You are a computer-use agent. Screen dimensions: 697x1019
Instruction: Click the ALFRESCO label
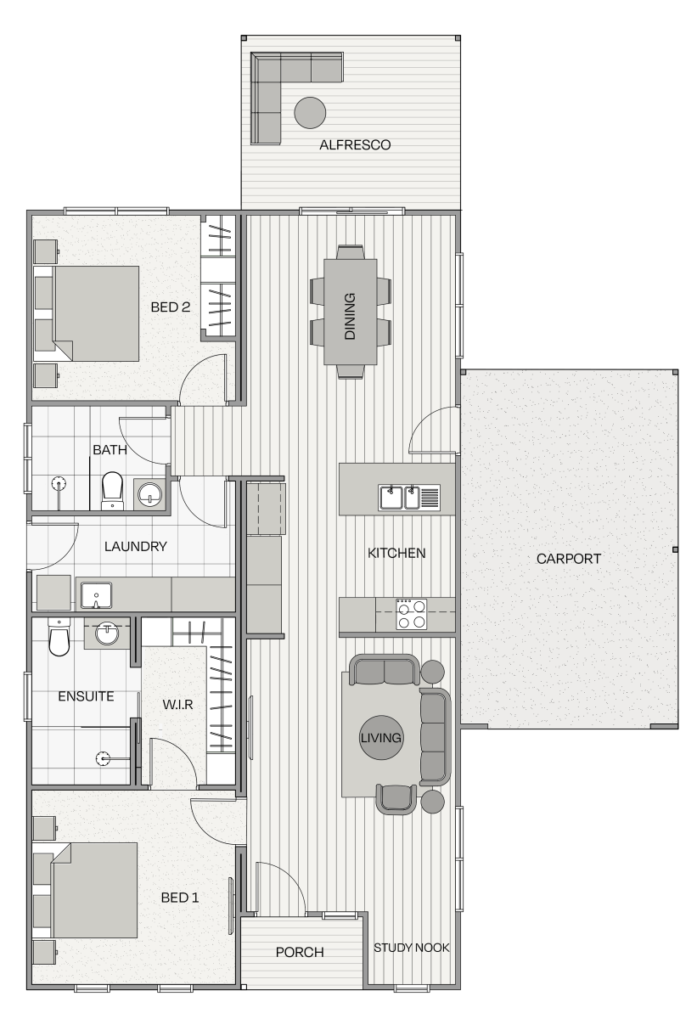point(355,144)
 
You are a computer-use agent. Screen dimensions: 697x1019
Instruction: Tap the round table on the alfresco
point(310,113)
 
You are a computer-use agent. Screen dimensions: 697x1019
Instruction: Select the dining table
point(350,312)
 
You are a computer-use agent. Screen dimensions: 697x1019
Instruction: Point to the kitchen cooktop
point(412,614)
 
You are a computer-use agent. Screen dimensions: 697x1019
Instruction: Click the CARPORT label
point(568,559)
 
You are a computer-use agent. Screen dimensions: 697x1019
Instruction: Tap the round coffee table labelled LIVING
point(380,737)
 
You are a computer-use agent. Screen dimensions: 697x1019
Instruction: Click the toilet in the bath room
point(112,491)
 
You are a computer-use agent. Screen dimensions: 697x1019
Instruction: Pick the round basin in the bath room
point(149,494)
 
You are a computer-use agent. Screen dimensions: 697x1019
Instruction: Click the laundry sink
point(96,595)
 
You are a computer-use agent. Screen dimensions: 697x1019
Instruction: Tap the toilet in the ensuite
point(59,637)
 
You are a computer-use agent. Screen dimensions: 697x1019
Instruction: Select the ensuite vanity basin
point(107,633)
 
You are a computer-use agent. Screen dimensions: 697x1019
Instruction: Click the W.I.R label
point(177,705)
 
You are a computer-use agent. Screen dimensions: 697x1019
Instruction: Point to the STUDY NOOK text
point(412,948)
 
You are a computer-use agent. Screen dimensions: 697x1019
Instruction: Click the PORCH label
point(300,952)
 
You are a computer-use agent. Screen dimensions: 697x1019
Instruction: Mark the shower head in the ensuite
point(104,758)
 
